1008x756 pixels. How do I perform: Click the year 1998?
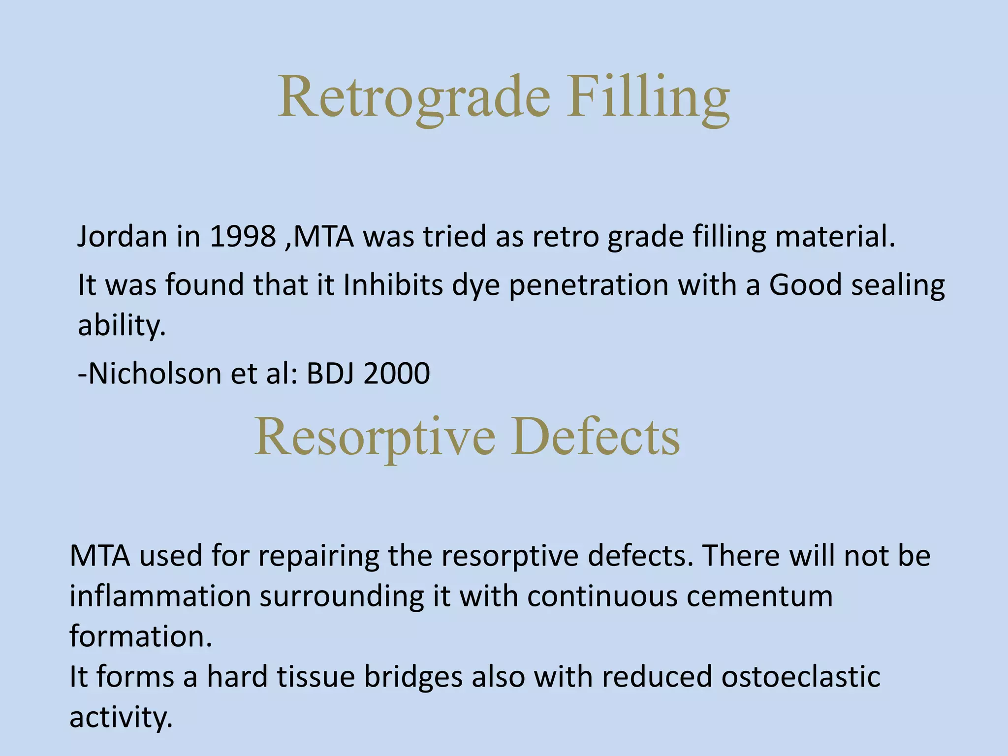(x=242, y=237)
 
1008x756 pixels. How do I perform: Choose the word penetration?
(x=588, y=286)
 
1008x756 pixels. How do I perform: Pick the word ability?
(x=122, y=326)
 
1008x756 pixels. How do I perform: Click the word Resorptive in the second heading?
(x=375, y=437)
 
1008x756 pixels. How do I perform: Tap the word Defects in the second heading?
(x=595, y=437)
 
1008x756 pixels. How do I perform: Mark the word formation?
(x=140, y=637)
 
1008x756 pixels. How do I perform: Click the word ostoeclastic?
(x=800, y=677)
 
